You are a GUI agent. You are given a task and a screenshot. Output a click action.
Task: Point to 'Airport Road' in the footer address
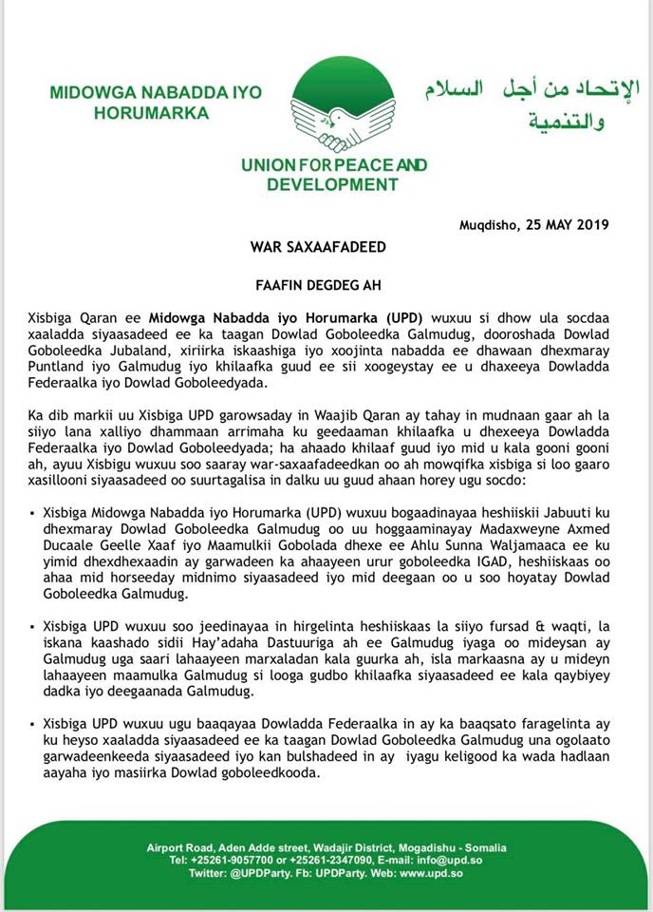[x=180, y=847]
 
